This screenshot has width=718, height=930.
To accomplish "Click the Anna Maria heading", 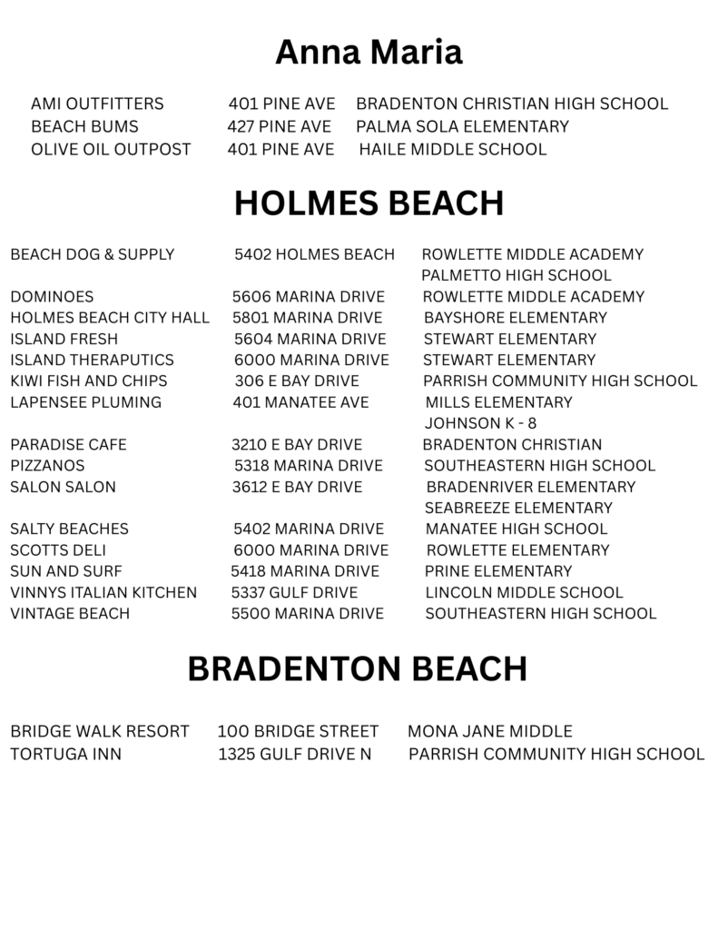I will tap(369, 53).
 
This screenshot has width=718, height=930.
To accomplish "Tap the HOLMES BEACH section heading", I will tap(369, 203).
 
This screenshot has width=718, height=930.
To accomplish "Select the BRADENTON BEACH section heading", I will tap(357, 669).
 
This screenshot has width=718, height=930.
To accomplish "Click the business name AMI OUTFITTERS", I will tap(97, 104).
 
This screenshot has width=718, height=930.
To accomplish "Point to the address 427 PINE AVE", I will tap(279, 126).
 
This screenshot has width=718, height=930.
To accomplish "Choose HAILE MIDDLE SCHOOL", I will tap(453, 149).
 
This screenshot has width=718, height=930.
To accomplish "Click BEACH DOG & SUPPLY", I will tap(92, 254).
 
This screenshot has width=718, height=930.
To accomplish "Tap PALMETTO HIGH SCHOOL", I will tap(516, 275).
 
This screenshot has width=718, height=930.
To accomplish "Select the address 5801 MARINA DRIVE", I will tap(307, 318).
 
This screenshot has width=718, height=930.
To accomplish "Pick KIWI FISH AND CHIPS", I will tap(89, 381).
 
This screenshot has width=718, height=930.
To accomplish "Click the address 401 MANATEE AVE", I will tap(300, 402).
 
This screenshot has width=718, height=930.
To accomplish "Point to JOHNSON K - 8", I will tap(480, 423).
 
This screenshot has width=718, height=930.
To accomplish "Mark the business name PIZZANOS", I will tap(47, 466).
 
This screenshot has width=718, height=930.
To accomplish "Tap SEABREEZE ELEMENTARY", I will tap(518, 508).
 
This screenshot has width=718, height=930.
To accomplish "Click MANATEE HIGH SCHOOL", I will tap(516, 529).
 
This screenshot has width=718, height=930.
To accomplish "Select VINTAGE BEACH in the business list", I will tap(70, 614).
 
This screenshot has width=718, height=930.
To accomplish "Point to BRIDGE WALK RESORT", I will tap(100, 731).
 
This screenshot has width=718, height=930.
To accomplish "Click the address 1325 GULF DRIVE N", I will tap(295, 754).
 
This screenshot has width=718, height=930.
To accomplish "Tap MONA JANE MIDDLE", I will tap(490, 731).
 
